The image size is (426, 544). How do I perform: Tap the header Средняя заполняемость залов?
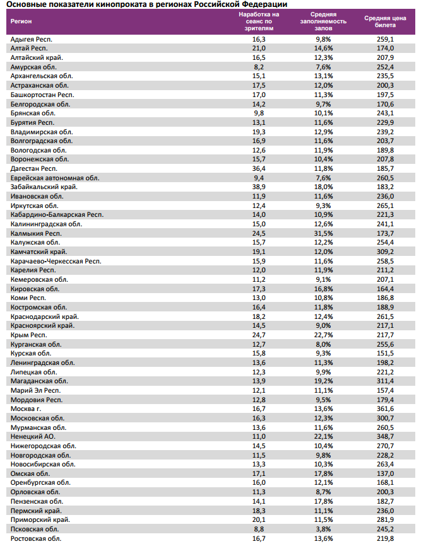coord(322,21)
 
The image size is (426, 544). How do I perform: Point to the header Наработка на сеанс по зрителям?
coord(259,21)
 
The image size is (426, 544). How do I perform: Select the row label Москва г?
coord(27,408)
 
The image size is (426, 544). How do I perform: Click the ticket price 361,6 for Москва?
coord(385,408)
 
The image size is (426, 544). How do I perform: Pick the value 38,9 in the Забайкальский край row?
coord(259,187)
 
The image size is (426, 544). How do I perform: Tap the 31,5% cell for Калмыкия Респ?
coord(322,233)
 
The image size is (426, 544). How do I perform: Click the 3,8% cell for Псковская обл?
coord(322,529)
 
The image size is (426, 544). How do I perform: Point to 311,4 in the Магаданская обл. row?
coord(385,381)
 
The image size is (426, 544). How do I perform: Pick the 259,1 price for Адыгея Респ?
coord(385,39)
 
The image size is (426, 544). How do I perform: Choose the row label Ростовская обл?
coord(36,538)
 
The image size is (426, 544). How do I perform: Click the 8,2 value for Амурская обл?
coord(259,67)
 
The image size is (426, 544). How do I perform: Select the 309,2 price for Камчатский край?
coord(385,252)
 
